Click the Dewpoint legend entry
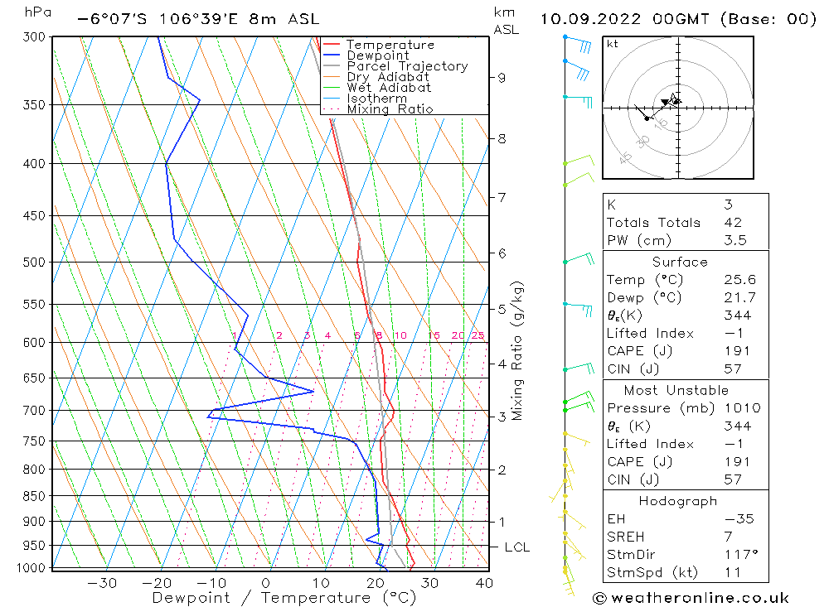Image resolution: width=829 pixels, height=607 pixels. point(377,55)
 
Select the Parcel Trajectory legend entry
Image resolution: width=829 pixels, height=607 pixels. point(407,66)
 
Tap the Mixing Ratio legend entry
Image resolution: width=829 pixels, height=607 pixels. point(390,109)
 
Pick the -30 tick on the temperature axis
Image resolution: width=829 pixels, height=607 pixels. point(102,583)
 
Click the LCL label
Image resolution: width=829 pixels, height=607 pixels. point(517,547)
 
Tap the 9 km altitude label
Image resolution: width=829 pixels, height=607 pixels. point(502,78)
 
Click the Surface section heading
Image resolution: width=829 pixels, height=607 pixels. point(680,262)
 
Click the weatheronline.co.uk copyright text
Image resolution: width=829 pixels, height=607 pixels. point(691,598)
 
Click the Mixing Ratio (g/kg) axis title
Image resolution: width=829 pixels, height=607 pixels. point(518,350)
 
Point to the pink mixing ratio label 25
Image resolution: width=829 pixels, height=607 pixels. point(478,335)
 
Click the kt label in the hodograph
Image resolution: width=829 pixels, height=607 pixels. point(612,44)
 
